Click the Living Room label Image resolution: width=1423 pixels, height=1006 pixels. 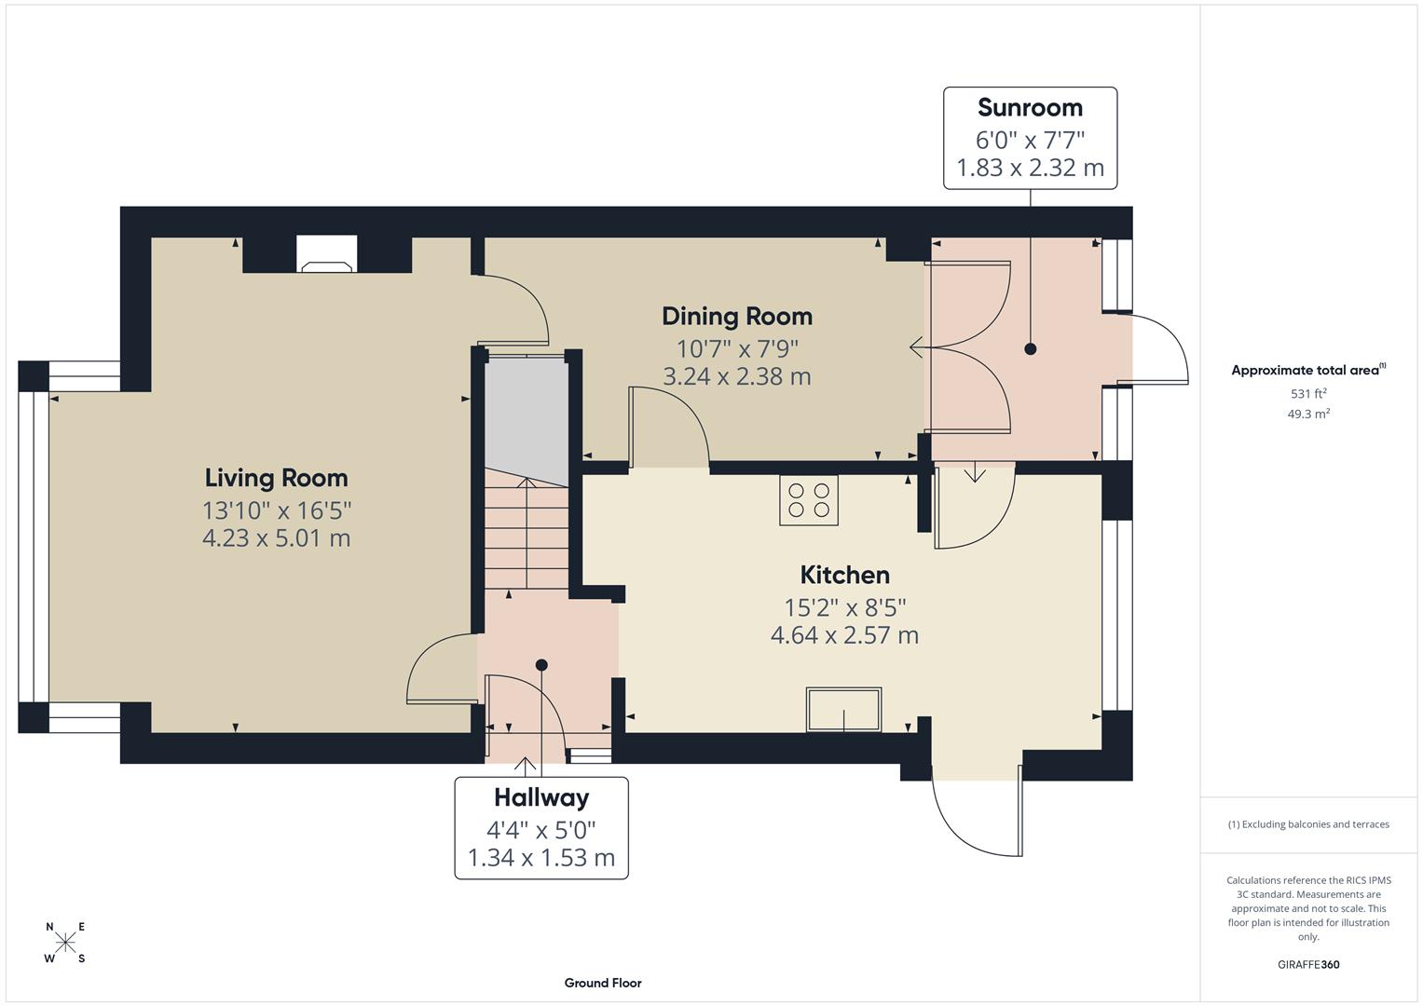point(276,478)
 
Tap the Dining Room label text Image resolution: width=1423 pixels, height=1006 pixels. point(736,317)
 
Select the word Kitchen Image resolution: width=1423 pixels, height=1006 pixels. point(844,575)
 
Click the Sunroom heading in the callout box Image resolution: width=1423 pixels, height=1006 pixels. point(1030,108)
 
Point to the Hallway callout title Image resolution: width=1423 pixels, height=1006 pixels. point(540,798)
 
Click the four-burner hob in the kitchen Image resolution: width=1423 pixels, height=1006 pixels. point(808,500)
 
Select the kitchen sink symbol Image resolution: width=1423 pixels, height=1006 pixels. point(843,710)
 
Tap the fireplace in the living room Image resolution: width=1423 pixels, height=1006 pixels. point(326,254)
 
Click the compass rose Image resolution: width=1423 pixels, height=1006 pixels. point(65,943)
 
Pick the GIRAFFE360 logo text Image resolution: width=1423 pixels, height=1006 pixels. point(1307,964)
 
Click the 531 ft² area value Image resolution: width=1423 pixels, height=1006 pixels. point(1307,393)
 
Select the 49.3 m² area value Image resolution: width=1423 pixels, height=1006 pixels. point(1307,414)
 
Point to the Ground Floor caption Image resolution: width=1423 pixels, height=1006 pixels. point(602,983)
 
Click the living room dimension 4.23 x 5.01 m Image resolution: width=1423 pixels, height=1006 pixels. point(276,538)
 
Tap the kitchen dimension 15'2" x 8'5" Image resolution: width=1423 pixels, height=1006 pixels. point(844,607)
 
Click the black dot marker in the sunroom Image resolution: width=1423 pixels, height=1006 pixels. point(1030,349)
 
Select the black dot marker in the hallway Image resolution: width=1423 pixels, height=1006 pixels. point(541,665)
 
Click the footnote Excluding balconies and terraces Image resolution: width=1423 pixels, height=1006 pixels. point(1307,824)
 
